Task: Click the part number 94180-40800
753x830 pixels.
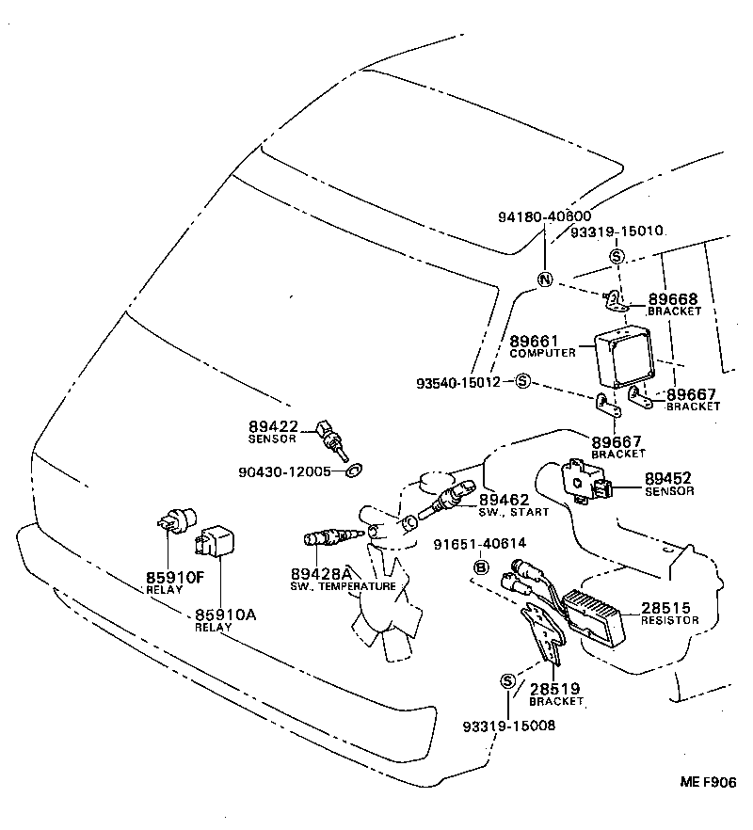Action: [544, 216]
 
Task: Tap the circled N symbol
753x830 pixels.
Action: [544, 279]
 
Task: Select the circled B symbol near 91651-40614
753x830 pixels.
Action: [480, 567]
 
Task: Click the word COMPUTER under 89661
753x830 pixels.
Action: [542, 353]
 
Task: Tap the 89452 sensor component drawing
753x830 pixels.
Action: [586, 481]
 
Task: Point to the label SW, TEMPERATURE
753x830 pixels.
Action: [343, 586]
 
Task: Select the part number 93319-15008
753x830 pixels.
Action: [508, 725]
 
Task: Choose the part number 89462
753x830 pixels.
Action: [504, 501]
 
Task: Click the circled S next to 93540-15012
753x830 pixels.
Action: [523, 382]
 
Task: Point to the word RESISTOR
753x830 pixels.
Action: [669, 621]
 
